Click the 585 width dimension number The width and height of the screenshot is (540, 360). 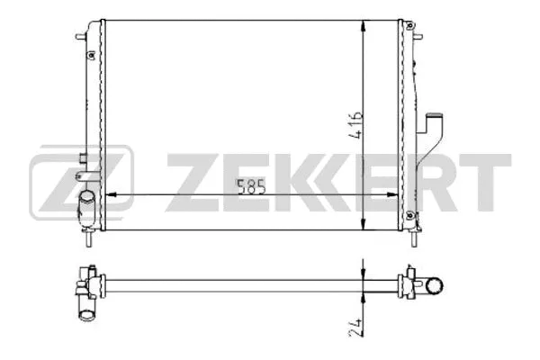click(x=251, y=188)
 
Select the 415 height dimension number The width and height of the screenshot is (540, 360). click(x=358, y=123)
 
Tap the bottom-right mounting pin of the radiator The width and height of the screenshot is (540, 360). click(x=415, y=240)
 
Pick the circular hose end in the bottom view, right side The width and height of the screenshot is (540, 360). click(x=435, y=287)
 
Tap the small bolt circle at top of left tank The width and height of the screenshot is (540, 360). click(x=91, y=55)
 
